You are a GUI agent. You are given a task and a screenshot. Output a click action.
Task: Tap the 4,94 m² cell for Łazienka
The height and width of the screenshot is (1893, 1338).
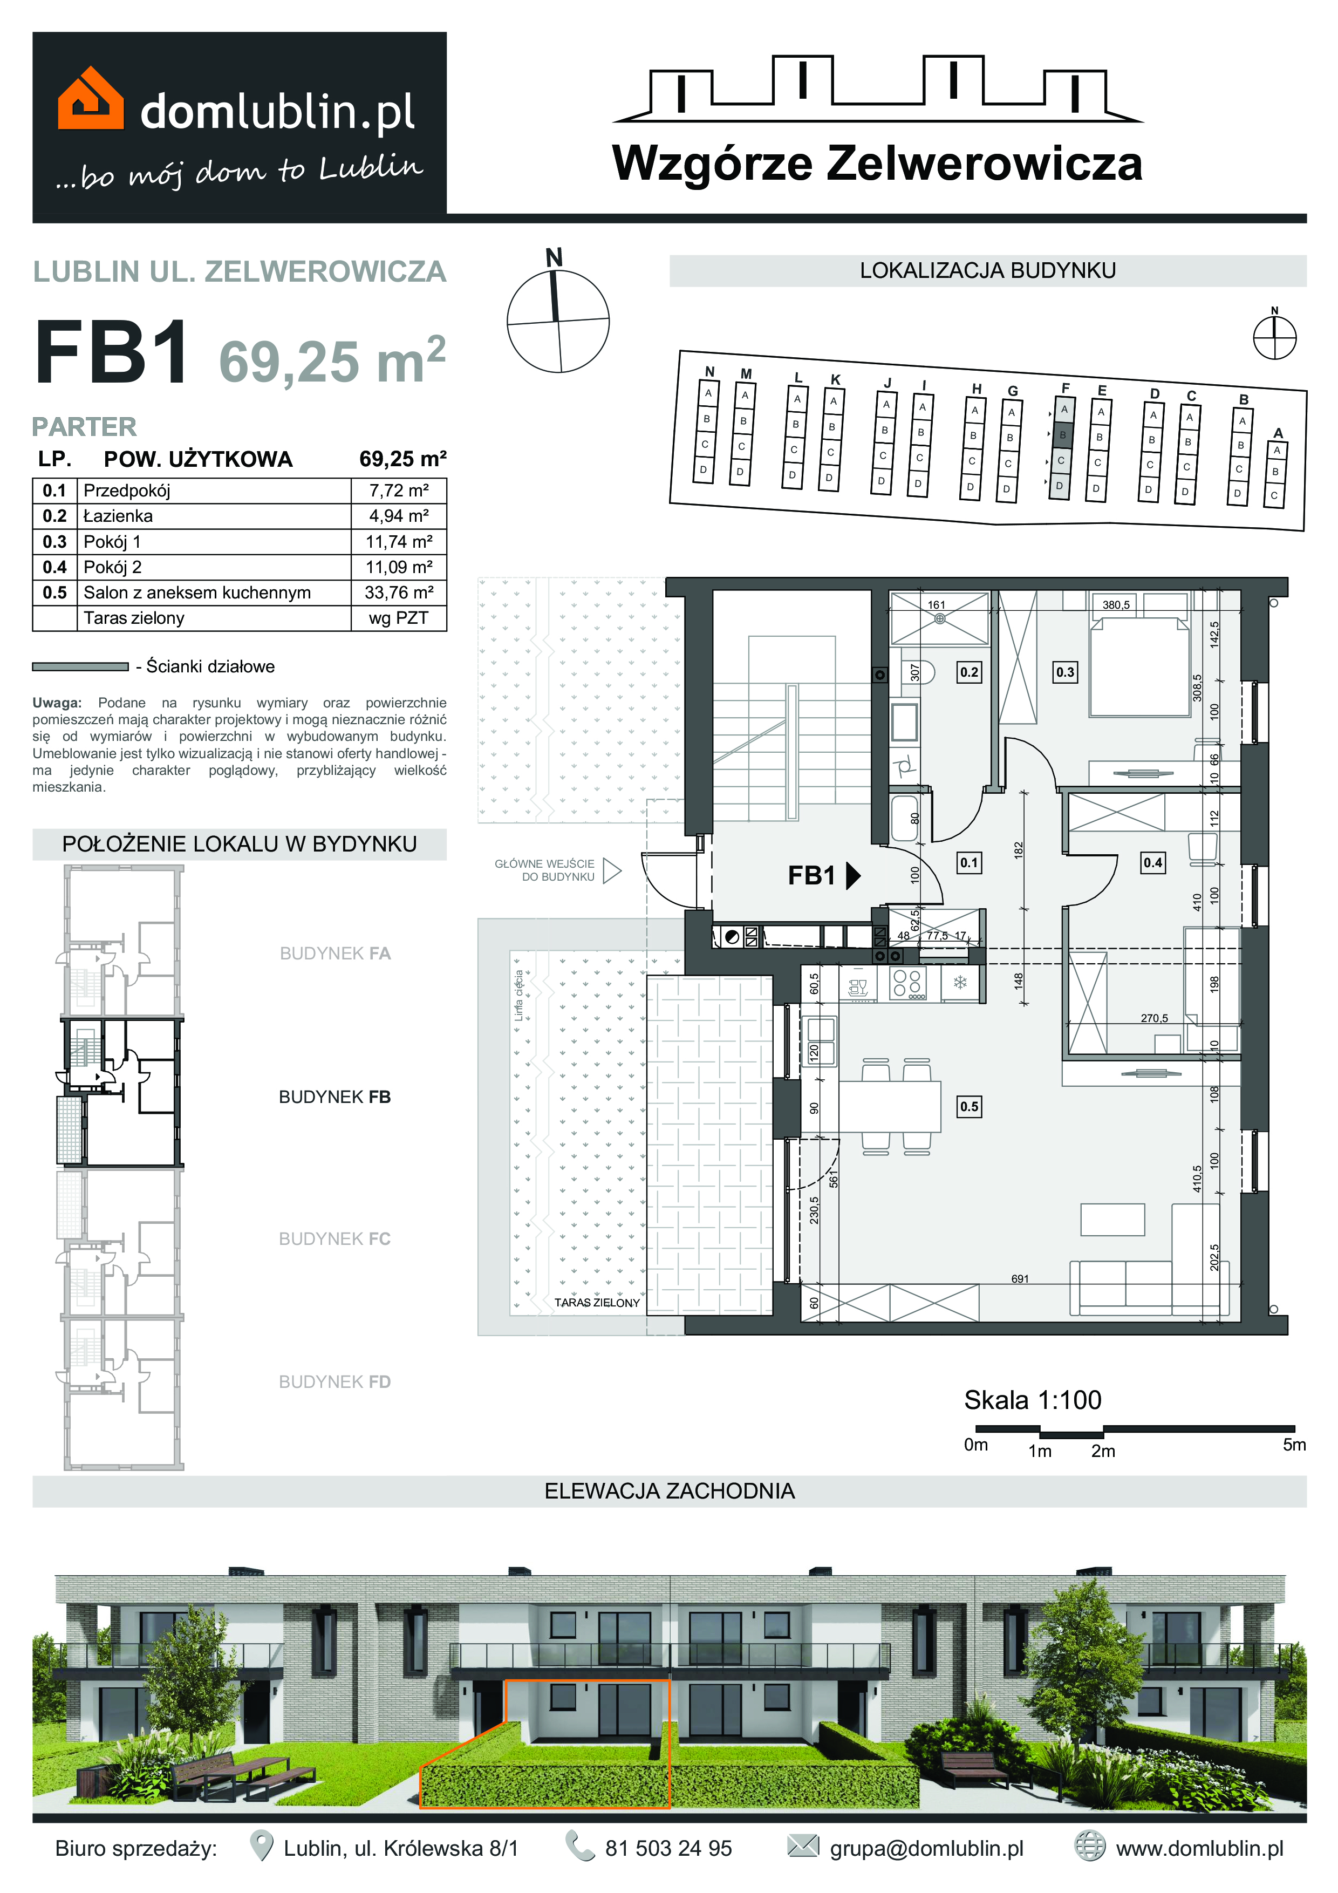399,516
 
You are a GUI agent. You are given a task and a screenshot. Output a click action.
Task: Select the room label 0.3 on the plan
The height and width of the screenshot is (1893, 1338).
1065,672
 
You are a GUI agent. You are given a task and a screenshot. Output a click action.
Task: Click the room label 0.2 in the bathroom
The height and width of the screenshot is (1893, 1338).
968,672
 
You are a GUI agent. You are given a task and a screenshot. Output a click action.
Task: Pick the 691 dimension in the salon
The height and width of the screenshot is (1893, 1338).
1020,1279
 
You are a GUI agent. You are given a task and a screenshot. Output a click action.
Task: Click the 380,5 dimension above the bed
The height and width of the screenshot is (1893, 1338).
1116,604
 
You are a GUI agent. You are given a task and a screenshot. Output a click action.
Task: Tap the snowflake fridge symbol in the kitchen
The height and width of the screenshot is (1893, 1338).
960,983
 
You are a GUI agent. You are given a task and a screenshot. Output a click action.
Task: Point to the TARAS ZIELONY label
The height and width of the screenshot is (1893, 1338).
597,1303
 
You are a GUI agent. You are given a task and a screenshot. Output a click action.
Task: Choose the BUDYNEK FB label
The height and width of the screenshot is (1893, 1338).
334,1097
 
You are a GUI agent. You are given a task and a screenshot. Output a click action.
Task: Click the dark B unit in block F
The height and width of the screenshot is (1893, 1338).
1063,434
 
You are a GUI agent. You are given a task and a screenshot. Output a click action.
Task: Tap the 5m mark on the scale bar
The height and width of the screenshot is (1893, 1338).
1294,1445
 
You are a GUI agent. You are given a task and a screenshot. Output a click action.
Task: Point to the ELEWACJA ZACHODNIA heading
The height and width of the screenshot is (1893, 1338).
670,1490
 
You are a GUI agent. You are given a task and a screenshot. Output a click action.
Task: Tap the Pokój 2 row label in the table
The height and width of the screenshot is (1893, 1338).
112,567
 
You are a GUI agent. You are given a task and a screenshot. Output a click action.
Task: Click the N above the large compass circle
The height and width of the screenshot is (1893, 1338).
554,258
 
